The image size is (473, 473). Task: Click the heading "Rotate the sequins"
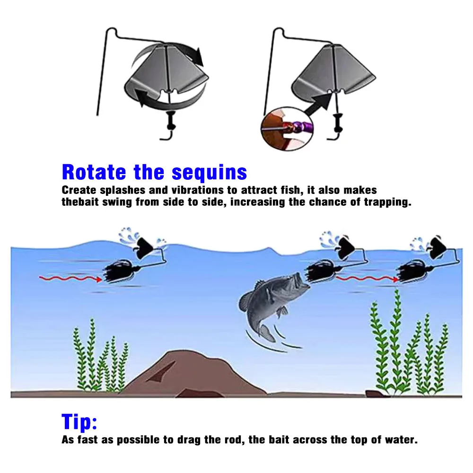tap(154, 172)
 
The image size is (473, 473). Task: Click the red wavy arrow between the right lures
tap(366, 279)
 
